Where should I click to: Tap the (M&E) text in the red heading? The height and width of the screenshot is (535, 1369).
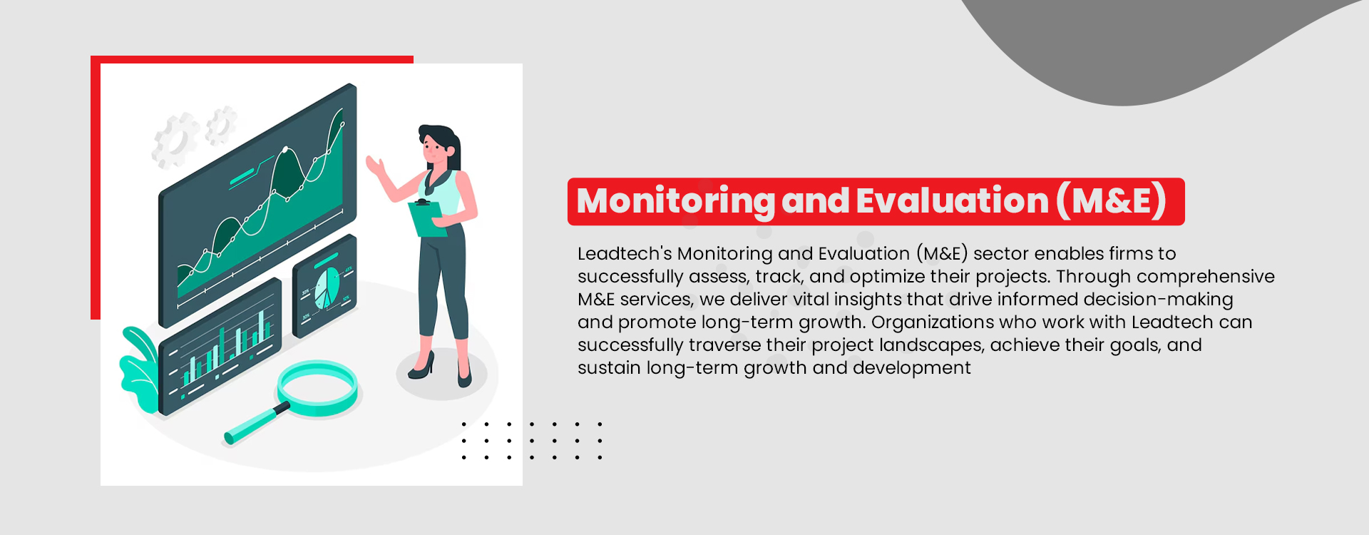1111,201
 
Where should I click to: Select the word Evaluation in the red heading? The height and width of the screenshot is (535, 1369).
953,201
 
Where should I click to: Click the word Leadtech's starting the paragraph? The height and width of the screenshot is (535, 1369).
625,254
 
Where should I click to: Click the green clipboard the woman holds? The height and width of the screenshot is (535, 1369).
426,218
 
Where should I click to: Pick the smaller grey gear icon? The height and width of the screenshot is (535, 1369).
222,125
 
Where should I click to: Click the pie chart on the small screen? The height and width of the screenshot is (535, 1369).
327,287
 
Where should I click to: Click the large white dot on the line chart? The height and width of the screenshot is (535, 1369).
285,150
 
